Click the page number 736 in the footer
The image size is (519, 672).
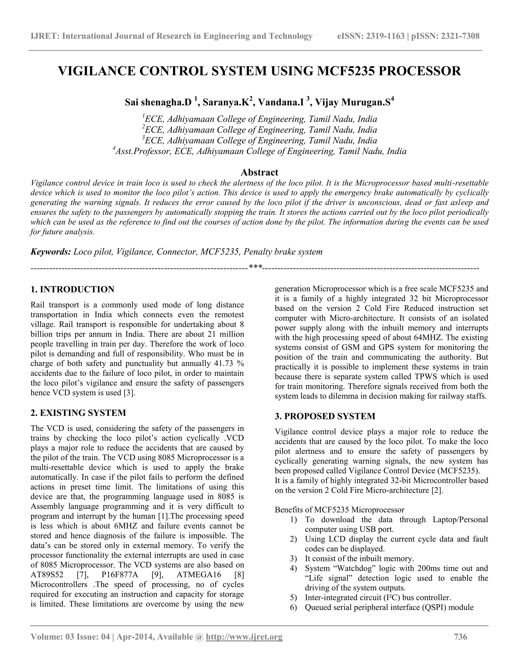click(x=460, y=636)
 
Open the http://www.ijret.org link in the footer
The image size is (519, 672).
click(x=244, y=636)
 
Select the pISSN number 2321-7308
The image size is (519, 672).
click(x=460, y=36)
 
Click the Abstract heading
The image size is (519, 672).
click(x=259, y=172)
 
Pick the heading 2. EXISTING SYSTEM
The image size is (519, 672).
click(x=78, y=413)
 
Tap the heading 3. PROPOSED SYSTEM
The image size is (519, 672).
click(x=325, y=416)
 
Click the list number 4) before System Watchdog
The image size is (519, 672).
click(x=293, y=568)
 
